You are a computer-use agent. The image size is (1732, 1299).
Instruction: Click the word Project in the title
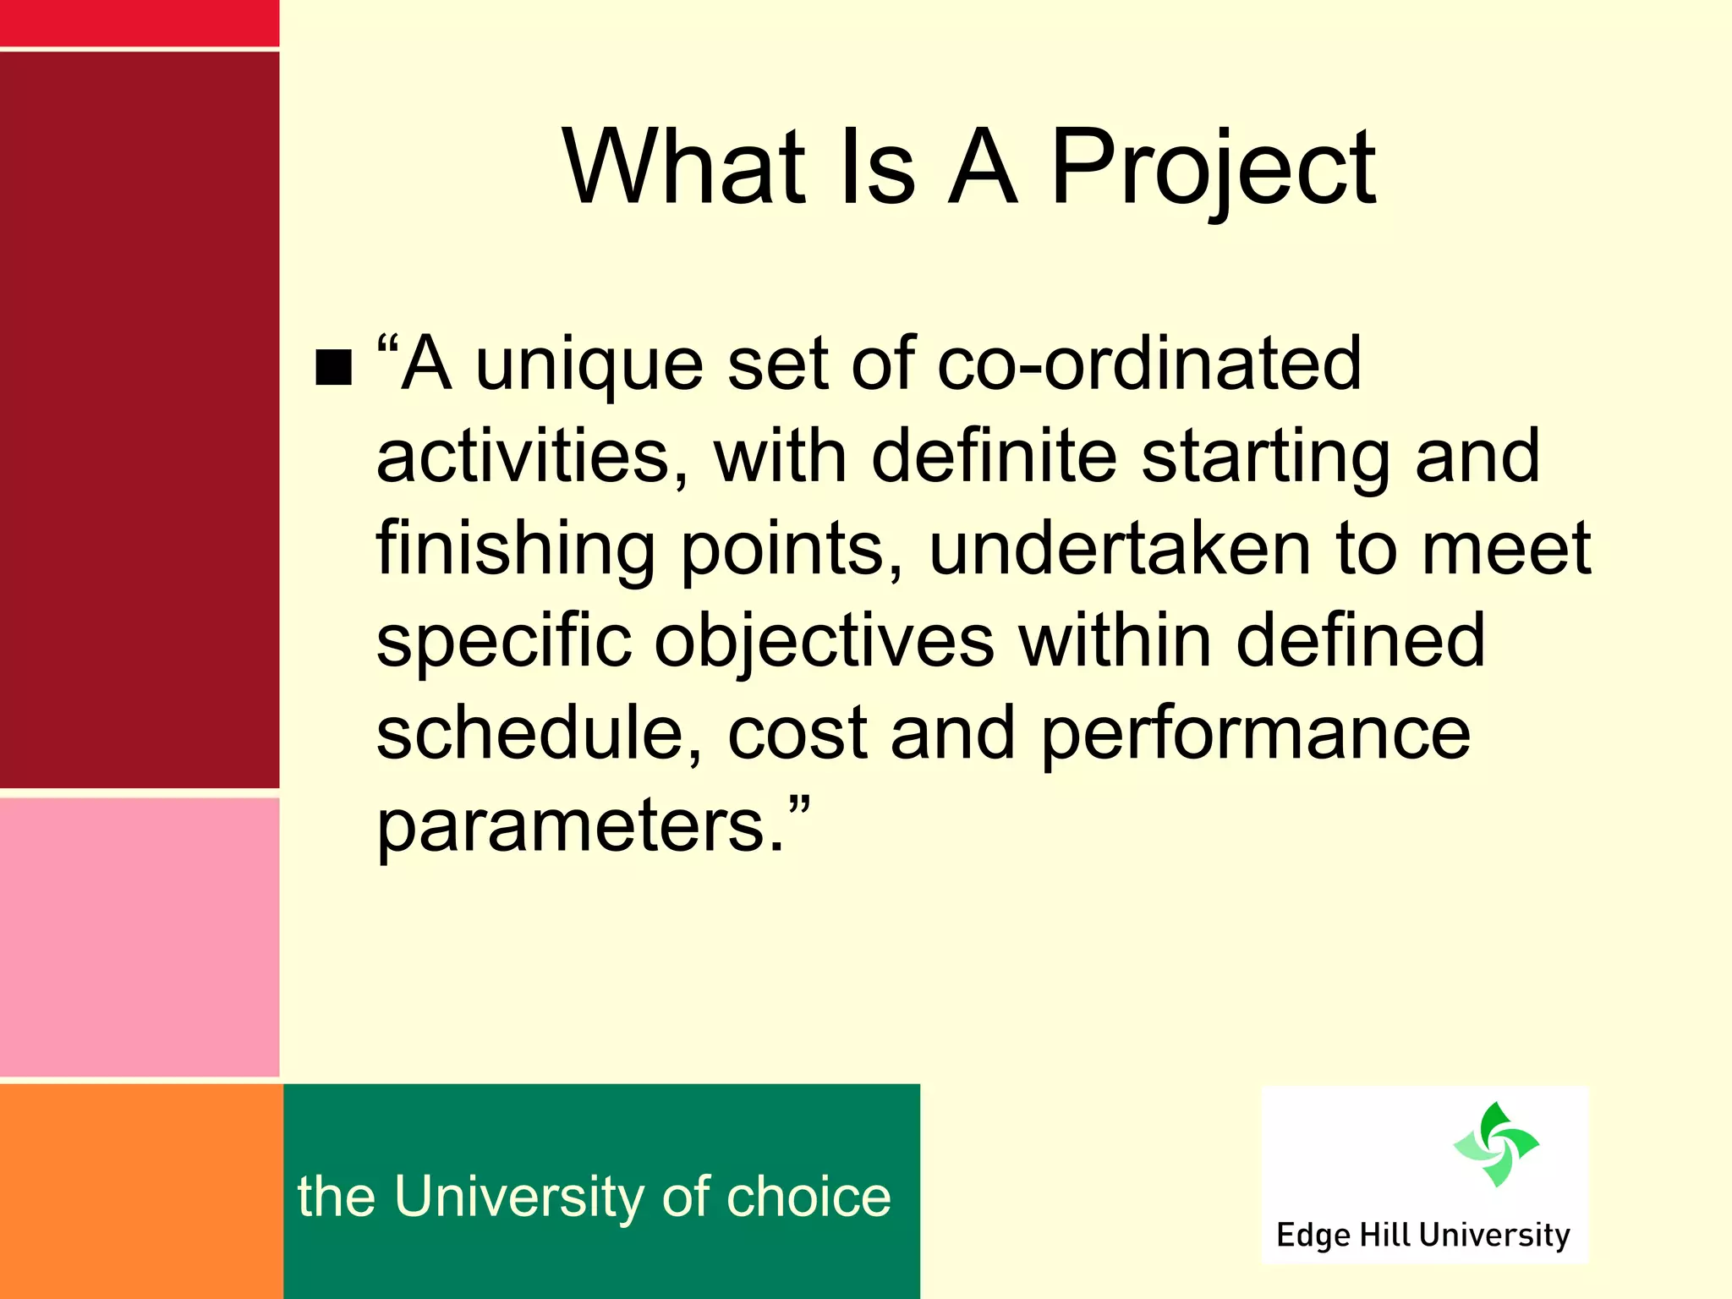click(x=1214, y=169)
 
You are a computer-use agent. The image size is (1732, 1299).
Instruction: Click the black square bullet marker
click(x=333, y=367)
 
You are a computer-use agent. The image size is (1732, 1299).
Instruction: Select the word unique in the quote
click(x=589, y=365)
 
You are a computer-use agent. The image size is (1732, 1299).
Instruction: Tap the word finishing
click(x=515, y=550)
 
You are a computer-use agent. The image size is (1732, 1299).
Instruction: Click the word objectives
click(x=825, y=643)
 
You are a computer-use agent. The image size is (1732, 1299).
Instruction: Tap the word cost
click(x=797, y=735)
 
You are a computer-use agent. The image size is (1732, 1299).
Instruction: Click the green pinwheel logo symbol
click(x=1496, y=1144)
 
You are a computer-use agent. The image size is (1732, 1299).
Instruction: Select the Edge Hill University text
click(x=1422, y=1236)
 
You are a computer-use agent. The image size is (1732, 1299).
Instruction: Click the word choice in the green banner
click(x=808, y=1197)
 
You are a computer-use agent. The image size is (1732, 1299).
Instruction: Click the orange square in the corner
click(x=140, y=1191)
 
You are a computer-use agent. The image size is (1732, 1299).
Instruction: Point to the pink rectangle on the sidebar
click(x=139, y=937)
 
